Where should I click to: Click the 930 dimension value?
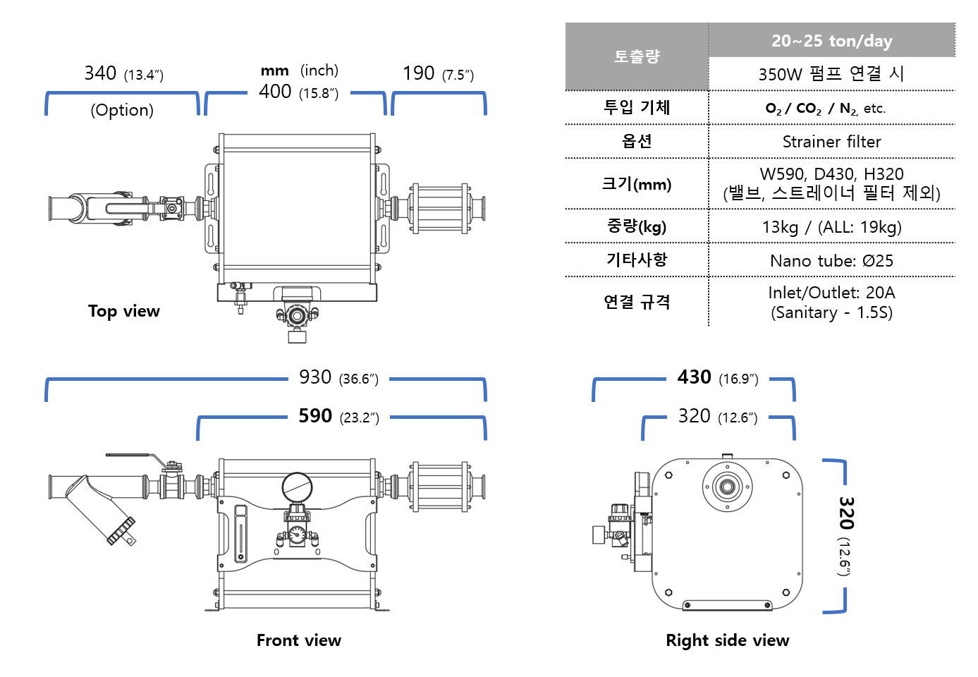coord(314,377)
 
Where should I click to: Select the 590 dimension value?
coord(314,416)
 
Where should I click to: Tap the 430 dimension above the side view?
coord(695,377)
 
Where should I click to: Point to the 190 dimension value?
coord(418,73)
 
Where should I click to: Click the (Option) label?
coord(122,110)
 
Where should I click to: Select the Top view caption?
coord(124,311)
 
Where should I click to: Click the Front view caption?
coord(299,640)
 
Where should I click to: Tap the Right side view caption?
coord(728,640)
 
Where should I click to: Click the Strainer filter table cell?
coord(832,142)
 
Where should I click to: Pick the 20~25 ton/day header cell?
coord(832,41)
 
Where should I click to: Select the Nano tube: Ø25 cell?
coord(832,261)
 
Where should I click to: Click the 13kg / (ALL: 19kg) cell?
coord(832,227)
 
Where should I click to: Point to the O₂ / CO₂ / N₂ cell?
coord(825,109)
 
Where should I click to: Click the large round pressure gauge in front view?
coord(297,487)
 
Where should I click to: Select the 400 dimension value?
coord(274,91)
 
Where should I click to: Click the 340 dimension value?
coord(100,73)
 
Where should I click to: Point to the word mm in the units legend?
coord(274,71)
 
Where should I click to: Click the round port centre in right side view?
coord(728,487)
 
